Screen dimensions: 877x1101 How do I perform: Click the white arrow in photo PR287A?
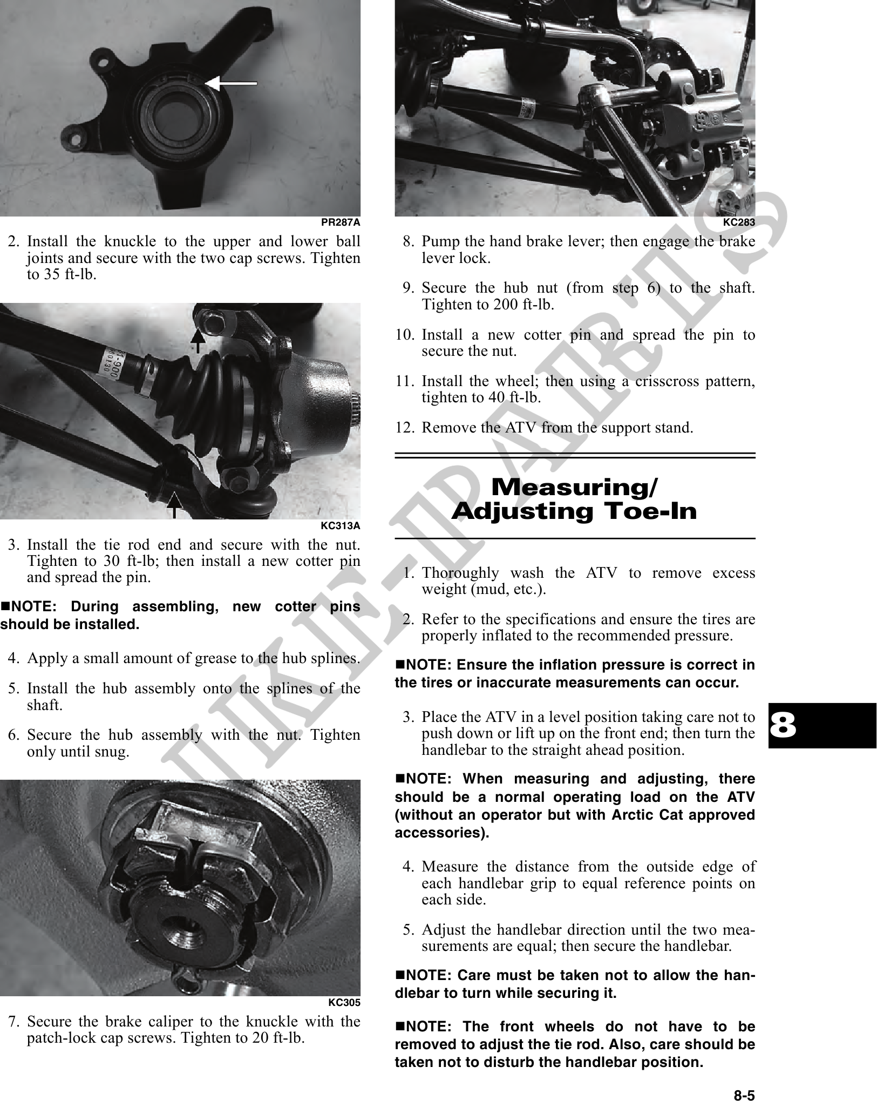click(230, 84)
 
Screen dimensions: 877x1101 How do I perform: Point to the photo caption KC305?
click(344, 1002)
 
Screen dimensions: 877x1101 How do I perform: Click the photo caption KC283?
click(739, 222)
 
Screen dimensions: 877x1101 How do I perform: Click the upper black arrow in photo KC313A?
click(198, 341)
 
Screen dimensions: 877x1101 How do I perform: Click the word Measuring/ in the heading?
click(575, 488)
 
